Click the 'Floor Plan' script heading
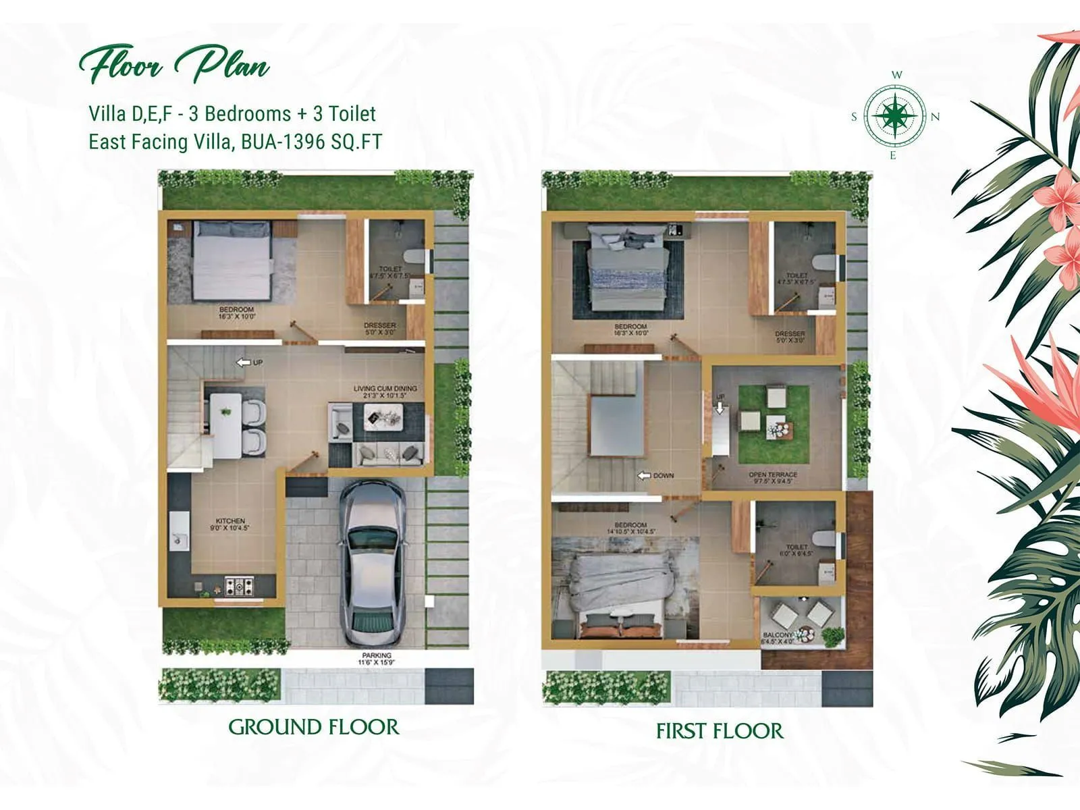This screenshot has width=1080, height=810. (x=174, y=66)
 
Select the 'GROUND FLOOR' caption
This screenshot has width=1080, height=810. (x=314, y=727)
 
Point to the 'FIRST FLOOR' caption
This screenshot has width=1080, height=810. (x=720, y=731)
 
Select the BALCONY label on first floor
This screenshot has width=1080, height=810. (x=778, y=635)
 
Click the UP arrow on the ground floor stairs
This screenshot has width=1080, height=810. (x=244, y=362)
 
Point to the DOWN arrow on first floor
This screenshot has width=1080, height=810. (x=645, y=475)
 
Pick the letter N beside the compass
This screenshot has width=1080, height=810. (x=936, y=117)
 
